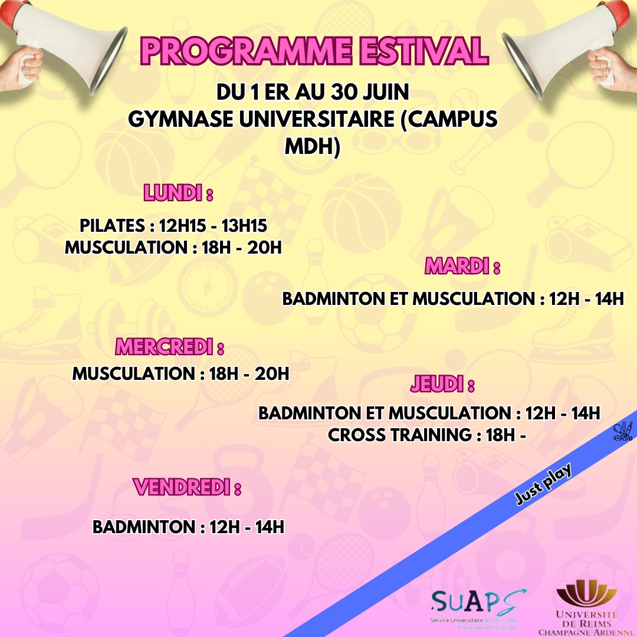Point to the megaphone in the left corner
point(65,44)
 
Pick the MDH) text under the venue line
point(313,147)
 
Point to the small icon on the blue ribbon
point(623,432)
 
